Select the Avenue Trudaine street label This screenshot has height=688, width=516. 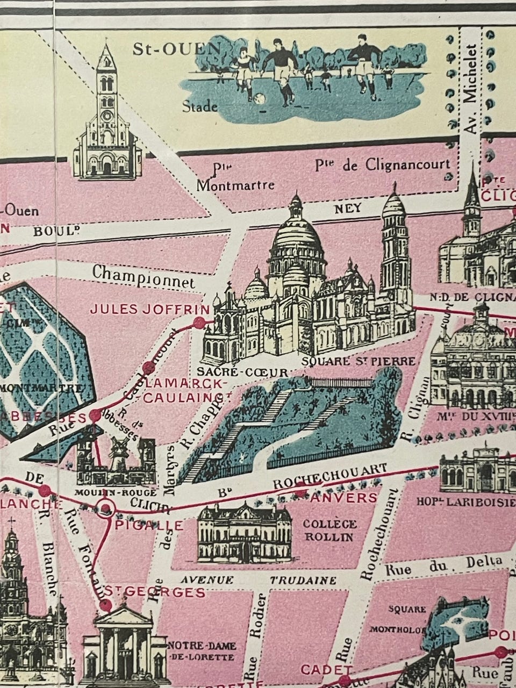click(x=258, y=580)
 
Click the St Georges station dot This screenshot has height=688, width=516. click(x=106, y=605)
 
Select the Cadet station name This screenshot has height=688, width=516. click(x=319, y=670)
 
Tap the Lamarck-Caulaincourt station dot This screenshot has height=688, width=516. click(x=148, y=369)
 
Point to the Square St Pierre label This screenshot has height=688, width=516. click(x=359, y=361)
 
